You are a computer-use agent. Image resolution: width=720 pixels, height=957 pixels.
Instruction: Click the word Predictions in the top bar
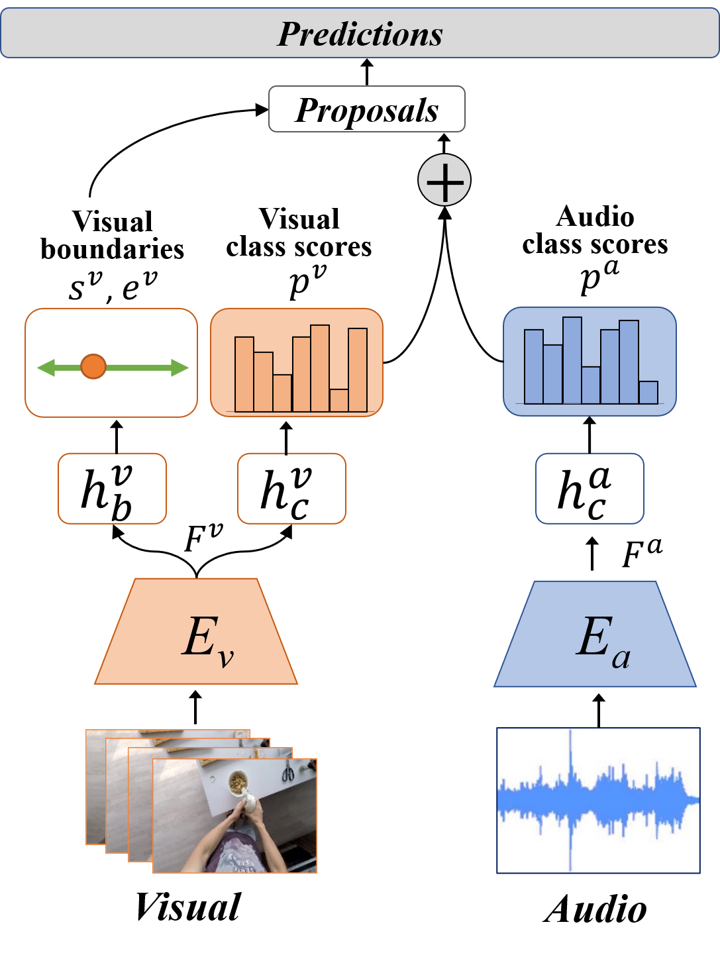coord(360,34)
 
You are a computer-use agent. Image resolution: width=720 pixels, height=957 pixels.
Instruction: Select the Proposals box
coord(366,109)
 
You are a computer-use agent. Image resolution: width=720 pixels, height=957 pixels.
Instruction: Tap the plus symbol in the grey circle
coord(444,180)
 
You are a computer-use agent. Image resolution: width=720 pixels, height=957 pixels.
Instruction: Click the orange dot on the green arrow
coord(93,366)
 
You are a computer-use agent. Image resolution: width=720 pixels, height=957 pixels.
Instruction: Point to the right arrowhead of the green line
coord(180,367)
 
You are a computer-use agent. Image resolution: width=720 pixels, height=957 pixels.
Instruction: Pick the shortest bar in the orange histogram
coord(338,400)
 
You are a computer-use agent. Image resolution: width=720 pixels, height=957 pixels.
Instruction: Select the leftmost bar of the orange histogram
coord(244,374)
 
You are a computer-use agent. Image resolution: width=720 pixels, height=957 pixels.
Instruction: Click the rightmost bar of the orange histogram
coord(358,370)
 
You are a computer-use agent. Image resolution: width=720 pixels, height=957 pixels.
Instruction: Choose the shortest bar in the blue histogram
coord(648,392)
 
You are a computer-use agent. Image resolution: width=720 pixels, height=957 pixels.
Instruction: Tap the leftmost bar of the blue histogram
coord(534,366)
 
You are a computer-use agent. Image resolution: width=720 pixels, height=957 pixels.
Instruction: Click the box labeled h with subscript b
coord(112,489)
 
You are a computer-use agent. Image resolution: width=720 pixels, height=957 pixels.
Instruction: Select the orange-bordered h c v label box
coord(291,489)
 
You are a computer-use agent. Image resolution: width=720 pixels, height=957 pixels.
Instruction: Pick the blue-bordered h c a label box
coord(590,489)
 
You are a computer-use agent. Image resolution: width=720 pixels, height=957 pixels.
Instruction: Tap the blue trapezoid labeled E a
coord(595,636)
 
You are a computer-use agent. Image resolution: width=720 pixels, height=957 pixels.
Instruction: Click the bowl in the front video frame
coord(237,782)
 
